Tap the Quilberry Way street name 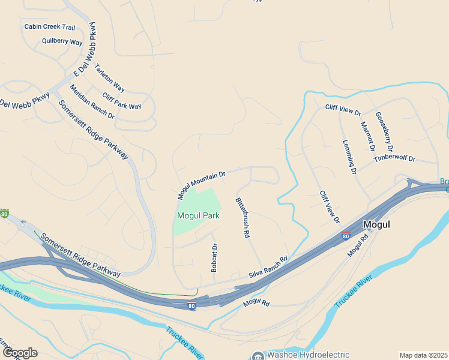[x=62, y=42]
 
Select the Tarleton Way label [x=109, y=78]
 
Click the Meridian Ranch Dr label [x=92, y=101]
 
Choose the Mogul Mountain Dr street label [x=201, y=185]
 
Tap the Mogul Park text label [x=198, y=215]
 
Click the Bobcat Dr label [x=214, y=257]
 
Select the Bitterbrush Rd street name [x=242, y=217]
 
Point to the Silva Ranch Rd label [x=268, y=268]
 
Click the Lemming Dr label [x=350, y=157]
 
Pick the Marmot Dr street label [x=367, y=136]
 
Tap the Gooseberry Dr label [x=384, y=131]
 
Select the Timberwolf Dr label [x=394, y=158]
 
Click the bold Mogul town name [x=377, y=224]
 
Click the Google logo [x=20, y=353]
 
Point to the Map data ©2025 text [x=423, y=355]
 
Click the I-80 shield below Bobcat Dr [x=191, y=305]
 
